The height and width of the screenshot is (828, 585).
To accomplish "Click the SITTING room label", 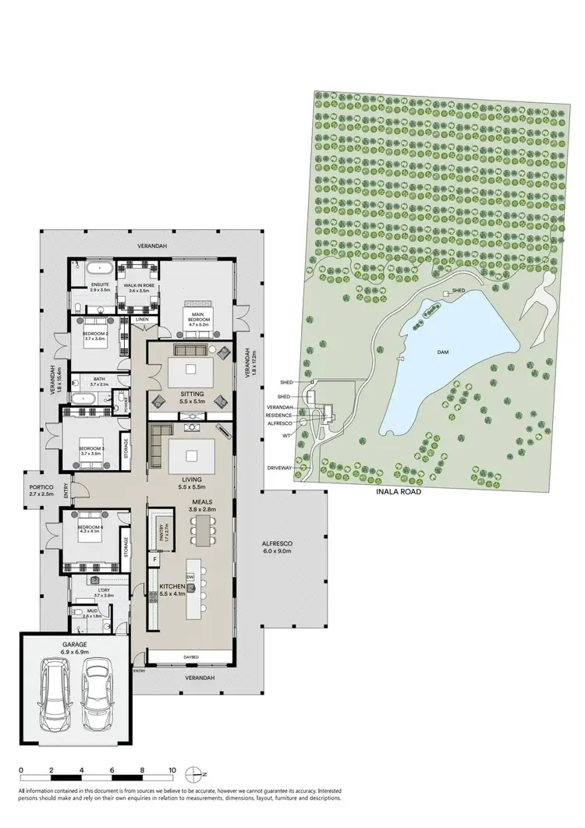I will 192,395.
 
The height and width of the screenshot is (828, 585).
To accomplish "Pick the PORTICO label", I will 41,489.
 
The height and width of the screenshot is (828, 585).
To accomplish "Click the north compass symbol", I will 195,774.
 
